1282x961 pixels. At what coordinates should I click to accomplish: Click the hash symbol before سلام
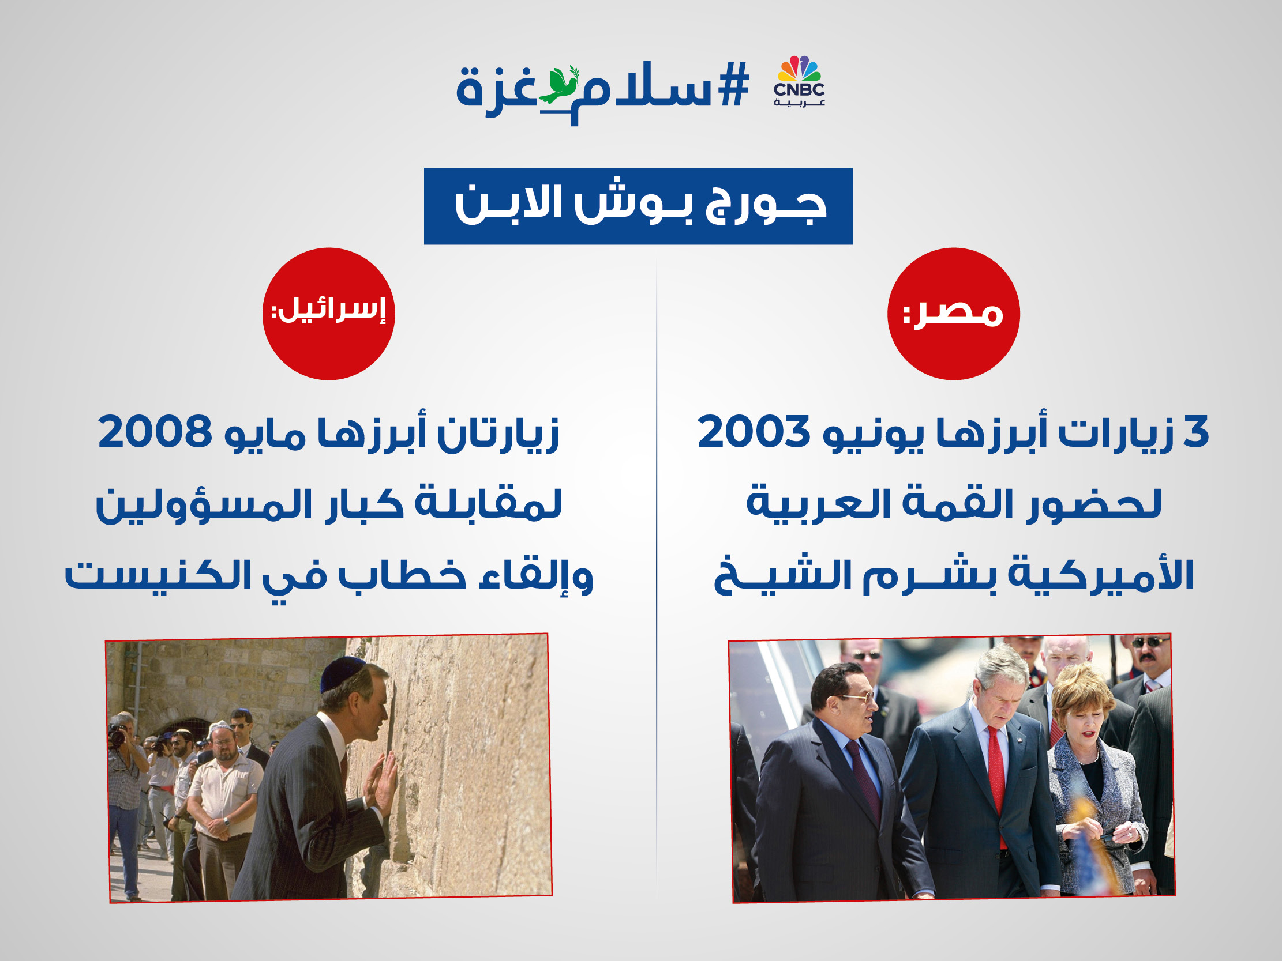[734, 86]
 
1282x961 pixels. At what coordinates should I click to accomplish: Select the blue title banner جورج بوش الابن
[638, 206]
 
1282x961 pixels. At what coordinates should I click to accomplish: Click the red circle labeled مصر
[953, 314]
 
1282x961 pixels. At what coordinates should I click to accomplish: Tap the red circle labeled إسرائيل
[329, 314]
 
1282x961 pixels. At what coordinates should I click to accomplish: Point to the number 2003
[754, 432]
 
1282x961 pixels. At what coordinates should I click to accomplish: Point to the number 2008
[155, 432]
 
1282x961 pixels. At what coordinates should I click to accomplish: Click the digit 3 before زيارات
[1195, 432]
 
